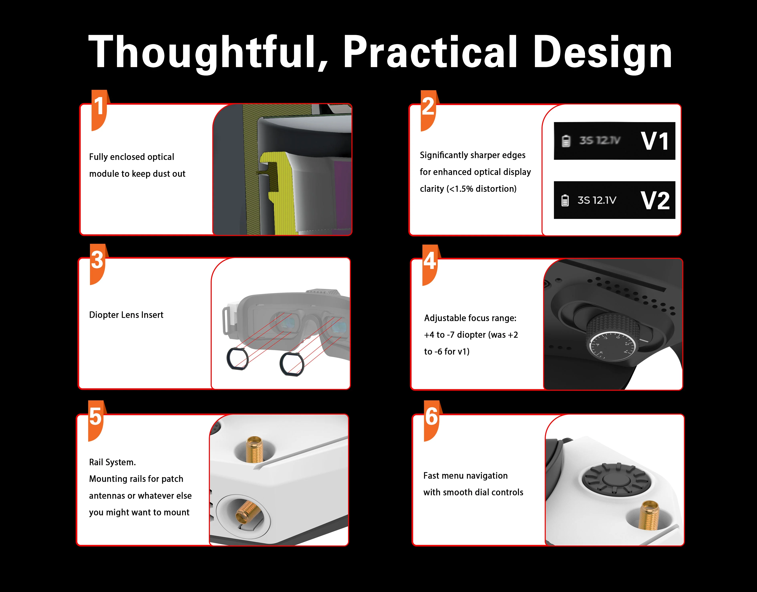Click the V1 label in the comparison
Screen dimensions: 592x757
[x=654, y=141]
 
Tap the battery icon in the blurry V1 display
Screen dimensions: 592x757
[x=566, y=141]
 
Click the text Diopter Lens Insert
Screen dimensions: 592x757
[x=126, y=315]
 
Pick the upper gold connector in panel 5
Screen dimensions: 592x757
[x=254, y=449]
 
